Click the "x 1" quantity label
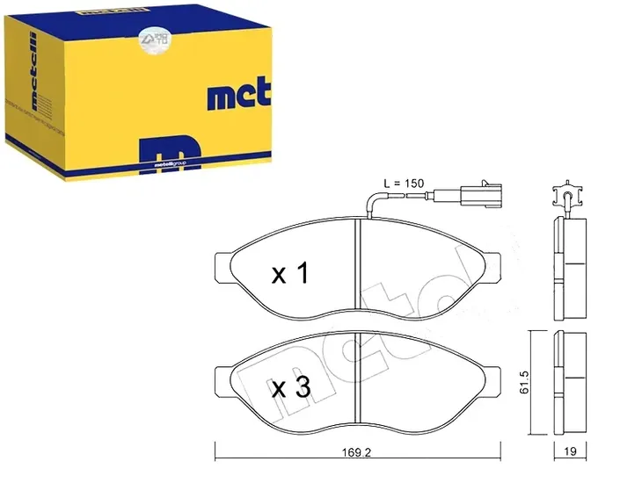click(x=289, y=274)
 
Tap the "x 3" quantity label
click(x=289, y=386)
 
